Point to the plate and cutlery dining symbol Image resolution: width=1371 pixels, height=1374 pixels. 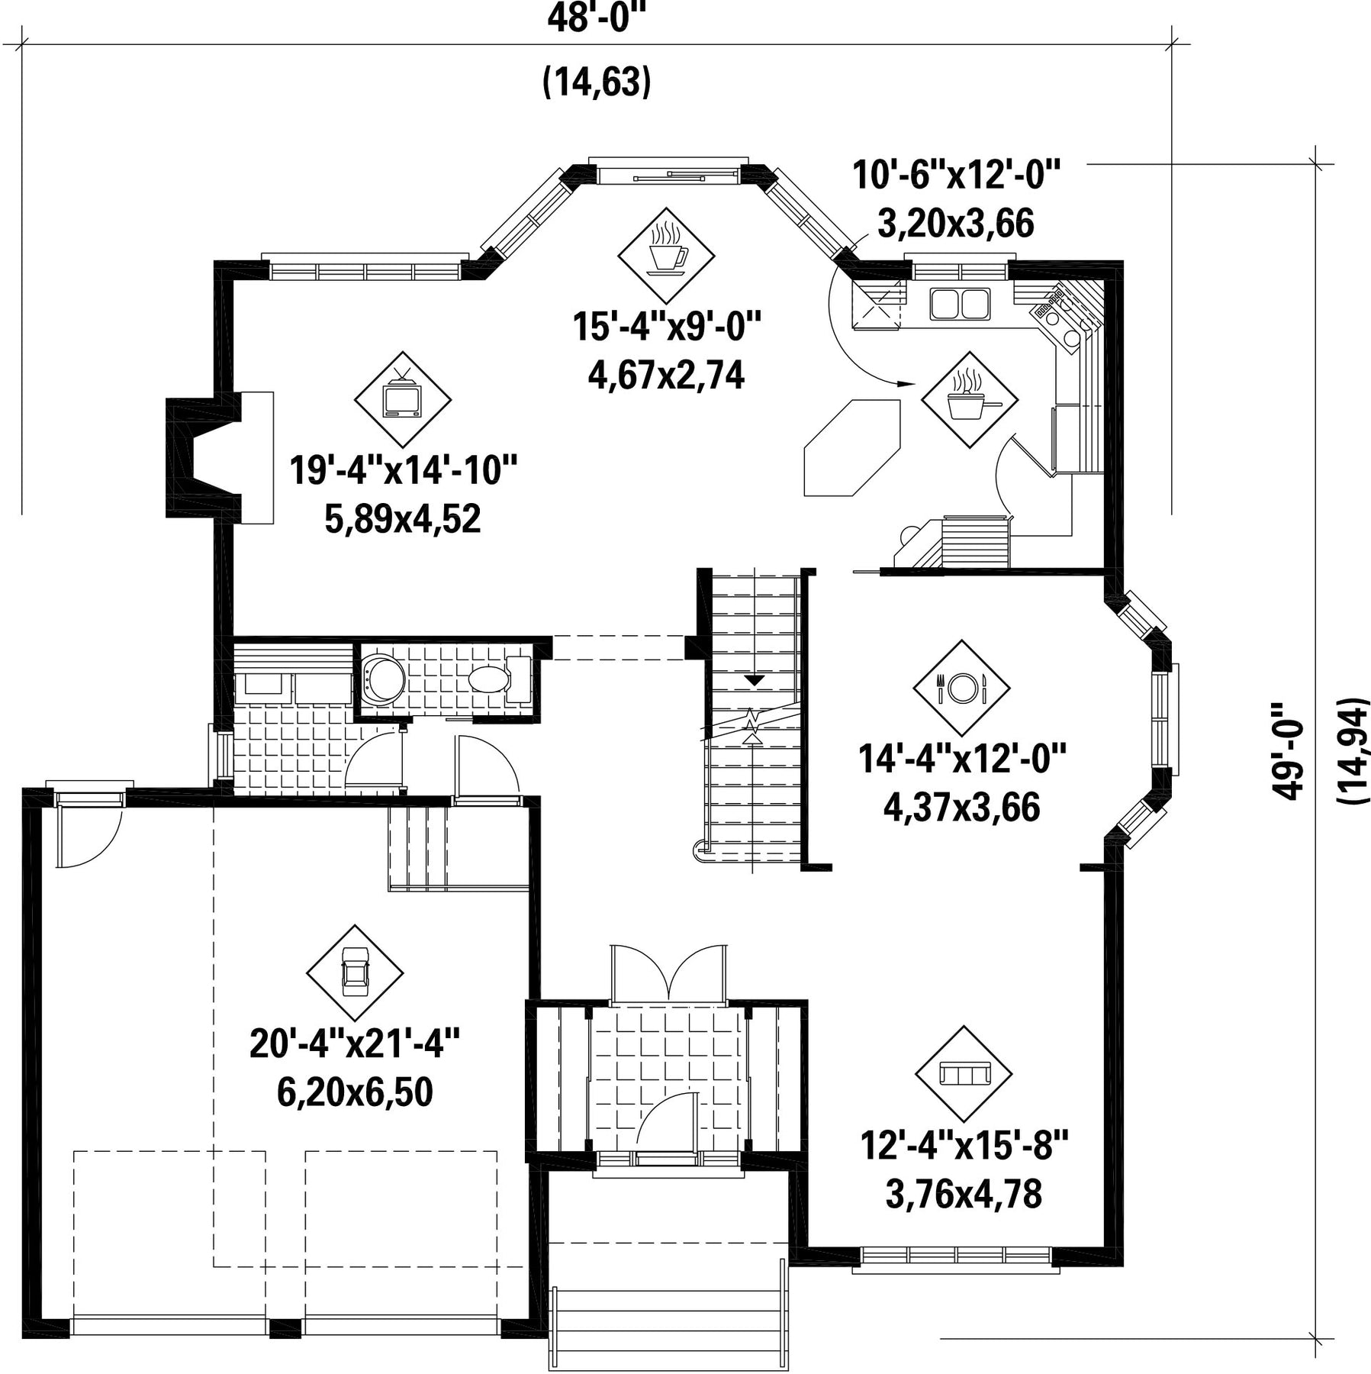pos(961,688)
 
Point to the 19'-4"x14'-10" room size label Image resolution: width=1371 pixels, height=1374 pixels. pos(404,469)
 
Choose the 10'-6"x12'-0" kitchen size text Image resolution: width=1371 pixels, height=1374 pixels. pos(957,175)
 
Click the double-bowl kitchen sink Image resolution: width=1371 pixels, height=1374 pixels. pos(959,303)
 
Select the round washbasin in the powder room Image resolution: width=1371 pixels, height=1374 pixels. pos(384,678)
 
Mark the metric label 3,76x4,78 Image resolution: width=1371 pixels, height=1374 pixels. pos(964,1194)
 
